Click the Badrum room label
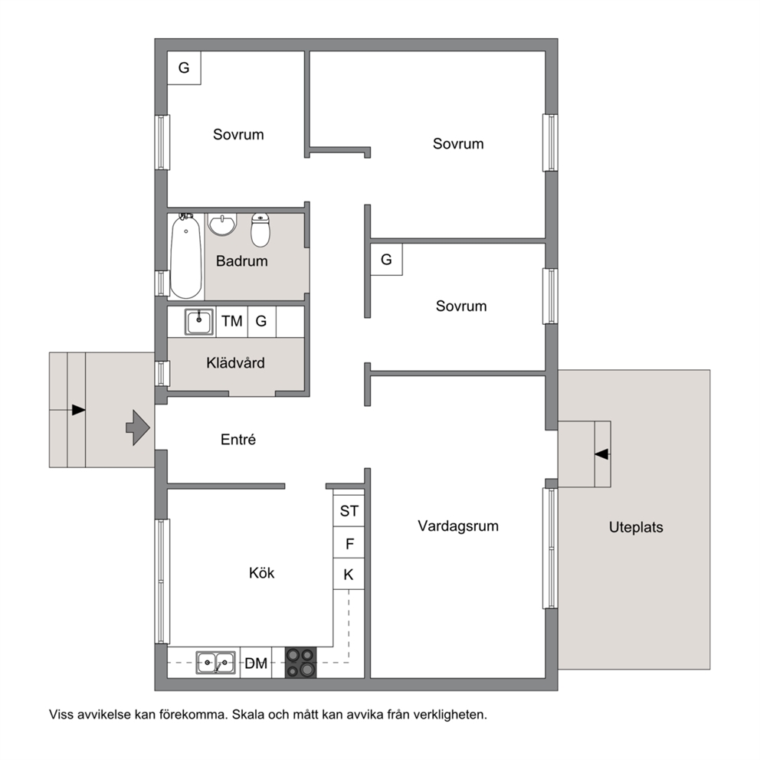(241, 261)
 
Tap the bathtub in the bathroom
(185, 256)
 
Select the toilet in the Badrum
(260, 231)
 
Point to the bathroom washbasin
(222, 224)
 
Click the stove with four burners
(300, 662)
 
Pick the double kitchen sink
(216, 663)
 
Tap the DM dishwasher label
(256, 663)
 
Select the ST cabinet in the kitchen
(349, 510)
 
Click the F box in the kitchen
(349, 543)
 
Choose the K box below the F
(349, 575)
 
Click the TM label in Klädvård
(231, 321)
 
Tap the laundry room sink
(198, 322)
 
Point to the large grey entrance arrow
(138, 427)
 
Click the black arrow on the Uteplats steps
(601, 454)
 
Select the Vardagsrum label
(458, 526)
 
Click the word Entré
(238, 439)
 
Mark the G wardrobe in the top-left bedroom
(184, 68)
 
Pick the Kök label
(262, 573)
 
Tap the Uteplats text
(636, 527)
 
